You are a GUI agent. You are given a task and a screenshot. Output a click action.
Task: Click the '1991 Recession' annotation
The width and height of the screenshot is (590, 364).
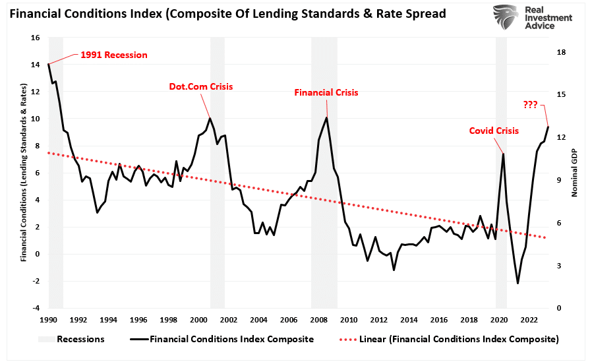[x=114, y=55]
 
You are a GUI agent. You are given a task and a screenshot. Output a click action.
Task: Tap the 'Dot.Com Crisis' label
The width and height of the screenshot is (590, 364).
[x=201, y=86]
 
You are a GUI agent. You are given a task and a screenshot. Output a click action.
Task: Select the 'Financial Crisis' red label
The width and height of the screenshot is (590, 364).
[x=326, y=93]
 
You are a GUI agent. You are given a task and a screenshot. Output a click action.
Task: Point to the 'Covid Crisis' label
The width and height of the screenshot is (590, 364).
[x=494, y=131]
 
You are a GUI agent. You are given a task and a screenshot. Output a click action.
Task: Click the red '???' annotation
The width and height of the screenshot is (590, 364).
[x=530, y=104]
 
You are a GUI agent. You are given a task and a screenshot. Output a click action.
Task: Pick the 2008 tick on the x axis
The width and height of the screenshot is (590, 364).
[x=319, y=320]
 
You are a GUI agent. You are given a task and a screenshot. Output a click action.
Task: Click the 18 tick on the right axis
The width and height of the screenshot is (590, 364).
[x=560, y=52]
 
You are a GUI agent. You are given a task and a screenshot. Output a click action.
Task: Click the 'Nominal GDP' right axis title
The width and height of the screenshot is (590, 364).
[x=574, y=173]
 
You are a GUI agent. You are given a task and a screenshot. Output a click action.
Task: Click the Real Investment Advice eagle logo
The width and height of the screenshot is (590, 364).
[x=506, y=18]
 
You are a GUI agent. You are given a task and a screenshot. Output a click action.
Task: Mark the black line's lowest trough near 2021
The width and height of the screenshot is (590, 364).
[x=517, y=284]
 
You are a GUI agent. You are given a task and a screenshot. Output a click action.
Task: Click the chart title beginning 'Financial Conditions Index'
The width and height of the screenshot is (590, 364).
[x=224, y=13]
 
